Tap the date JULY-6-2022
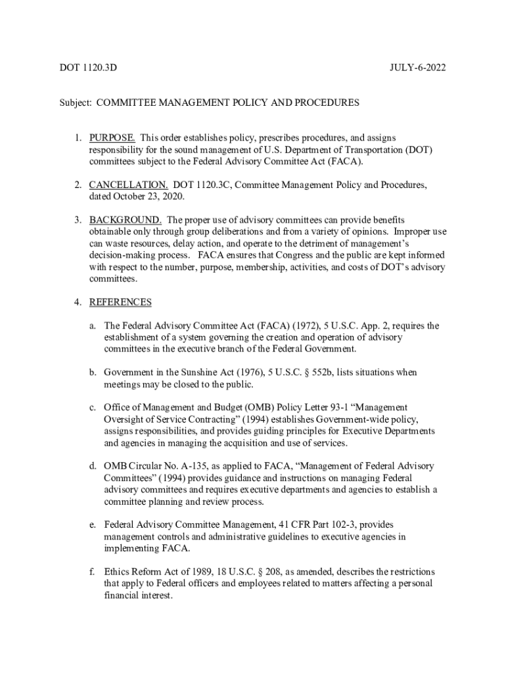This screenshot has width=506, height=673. (x=419, y=67)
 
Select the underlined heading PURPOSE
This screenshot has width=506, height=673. (x=112, y=138)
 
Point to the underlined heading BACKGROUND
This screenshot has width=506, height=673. (x=126, y=220)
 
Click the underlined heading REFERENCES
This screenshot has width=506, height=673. (x=120, y=302)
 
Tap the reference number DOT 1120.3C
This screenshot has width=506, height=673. (x=201, y=185)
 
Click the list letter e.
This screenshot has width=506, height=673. (x=94, y=525)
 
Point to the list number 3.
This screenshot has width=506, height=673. (x=77, y=220)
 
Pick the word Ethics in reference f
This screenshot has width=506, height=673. (x=117, y=572)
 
